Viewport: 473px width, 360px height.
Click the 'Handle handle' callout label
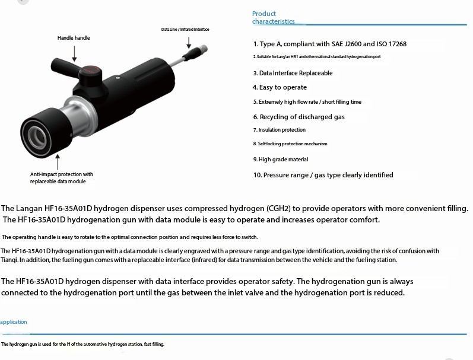pos(74,38)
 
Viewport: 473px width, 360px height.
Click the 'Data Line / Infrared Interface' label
pos(185,29)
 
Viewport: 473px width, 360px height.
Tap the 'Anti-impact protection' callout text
pos(62,178)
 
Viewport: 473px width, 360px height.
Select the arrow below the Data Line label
pos(188,42)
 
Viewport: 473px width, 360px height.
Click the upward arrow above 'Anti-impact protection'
pos(58,161)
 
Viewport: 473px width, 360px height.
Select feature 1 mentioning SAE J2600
pos(329,44)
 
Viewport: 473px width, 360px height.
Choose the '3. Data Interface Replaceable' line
pos(293,73)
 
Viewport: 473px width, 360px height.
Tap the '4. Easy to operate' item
pos(280,87)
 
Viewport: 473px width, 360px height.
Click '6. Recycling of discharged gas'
pos(299,117)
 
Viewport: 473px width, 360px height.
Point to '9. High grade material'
pos(280,160)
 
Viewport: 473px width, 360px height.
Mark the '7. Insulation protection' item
pos(279,130)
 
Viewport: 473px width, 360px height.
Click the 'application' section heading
pos(14,322)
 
